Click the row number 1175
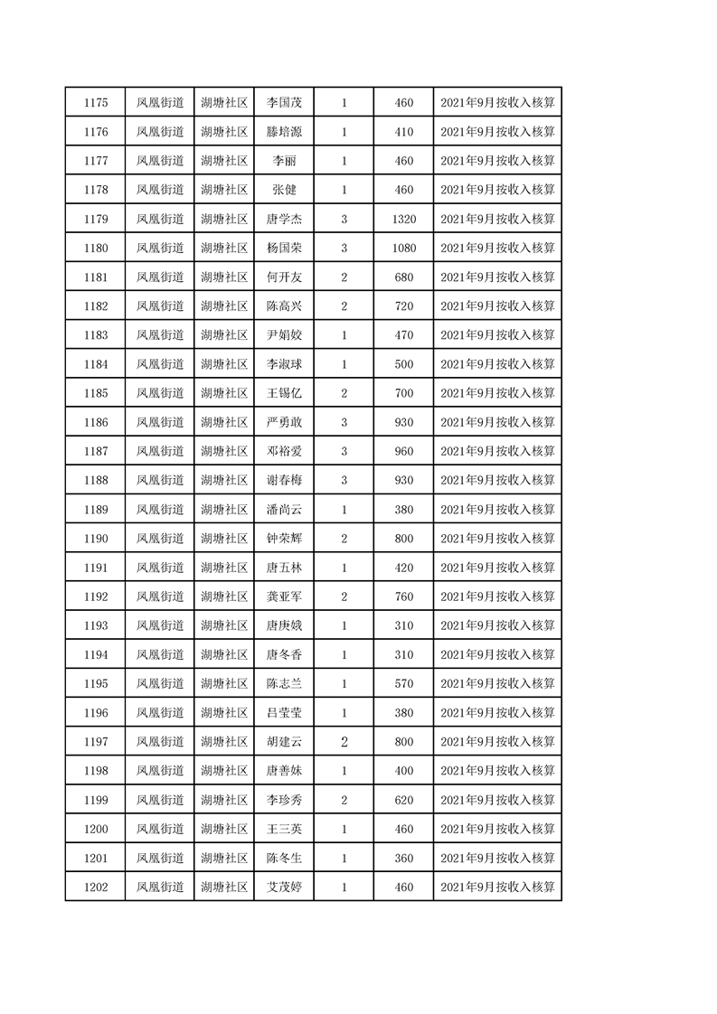click(x=95, y=103)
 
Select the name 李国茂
click(x=284, y=103)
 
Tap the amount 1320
click(x=404, y=219)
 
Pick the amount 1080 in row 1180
click(x=404, y=248)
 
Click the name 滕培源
click(x=284, y=132)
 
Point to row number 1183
click(x=95, y=335)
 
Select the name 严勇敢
click(x=284, y=422)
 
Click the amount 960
click(x=404, y=451)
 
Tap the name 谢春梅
click(x=284, y=480)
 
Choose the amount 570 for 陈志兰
click(x=404, y=683)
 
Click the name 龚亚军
click(x=284, y=596)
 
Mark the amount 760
click(x=404, y=596)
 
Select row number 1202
click(x=95, y=887)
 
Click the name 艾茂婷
click(x=284, y=887)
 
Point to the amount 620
click(x=404, y=800)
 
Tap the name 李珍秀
click(x=284, y=800)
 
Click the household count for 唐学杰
click(x=344, y=219)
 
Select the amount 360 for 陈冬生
click(x=404, y=858)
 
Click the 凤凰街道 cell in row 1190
click(x=160, y=539)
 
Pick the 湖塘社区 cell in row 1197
click(x=224, y=742)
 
